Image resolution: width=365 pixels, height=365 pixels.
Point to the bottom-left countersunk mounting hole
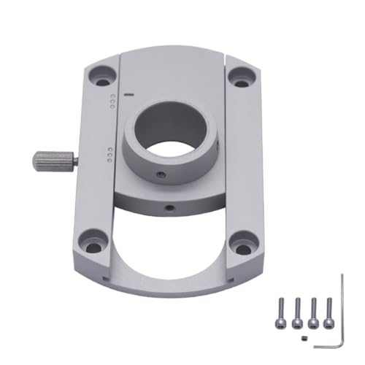pyautogui.click(x=92, y=244)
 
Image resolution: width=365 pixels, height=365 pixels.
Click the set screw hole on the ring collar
pyautogui.click(x=161, y=175)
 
